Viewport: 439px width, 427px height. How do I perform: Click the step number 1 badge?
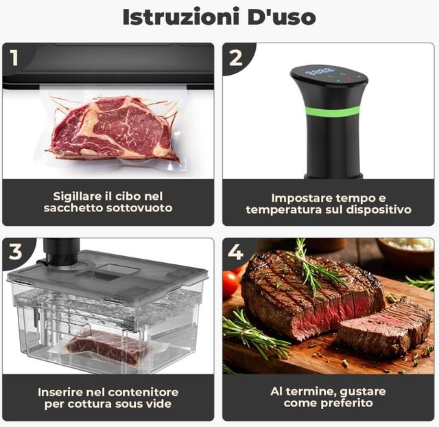pos(14,58)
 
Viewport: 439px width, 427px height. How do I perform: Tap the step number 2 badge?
pos(235,58)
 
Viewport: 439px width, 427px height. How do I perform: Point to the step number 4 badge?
pos(235,252)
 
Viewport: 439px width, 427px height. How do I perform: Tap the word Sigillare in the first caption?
pos(78,196)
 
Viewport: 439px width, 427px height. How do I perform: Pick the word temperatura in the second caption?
pos(282,209)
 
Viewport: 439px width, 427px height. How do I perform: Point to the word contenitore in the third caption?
pos(145,392)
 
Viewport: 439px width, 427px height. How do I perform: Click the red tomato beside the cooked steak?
pos(230,283)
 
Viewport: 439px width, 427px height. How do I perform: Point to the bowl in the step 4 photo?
pos(405,252)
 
